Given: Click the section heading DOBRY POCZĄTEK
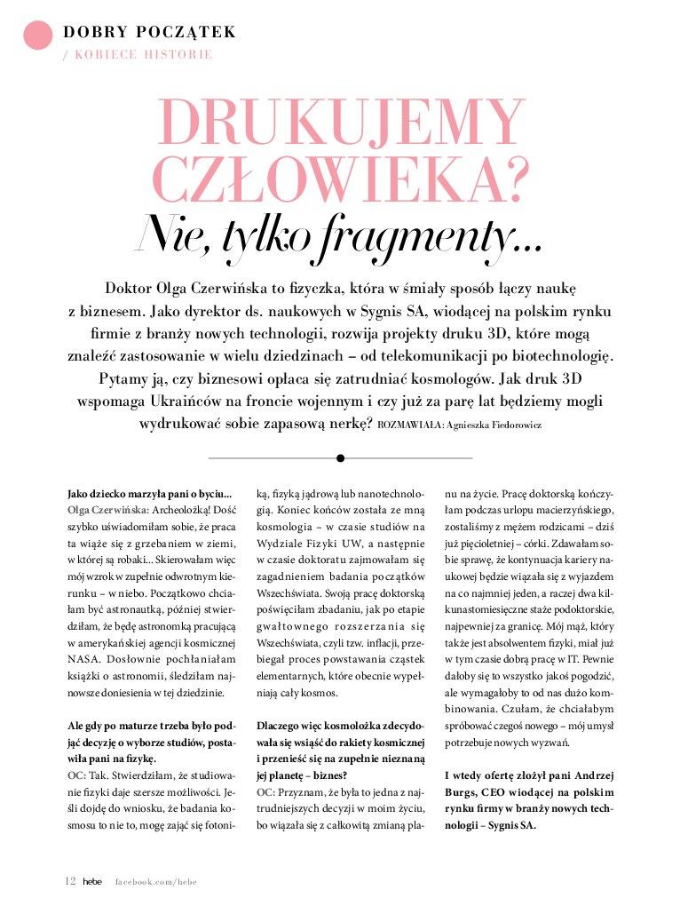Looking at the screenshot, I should [149, 33].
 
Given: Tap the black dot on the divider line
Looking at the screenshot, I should [340, 458].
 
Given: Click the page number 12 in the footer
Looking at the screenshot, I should [70, 881].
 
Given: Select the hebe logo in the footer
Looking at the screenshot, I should [93, 882].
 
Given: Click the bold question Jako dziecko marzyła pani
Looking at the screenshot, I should [149, 493].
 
